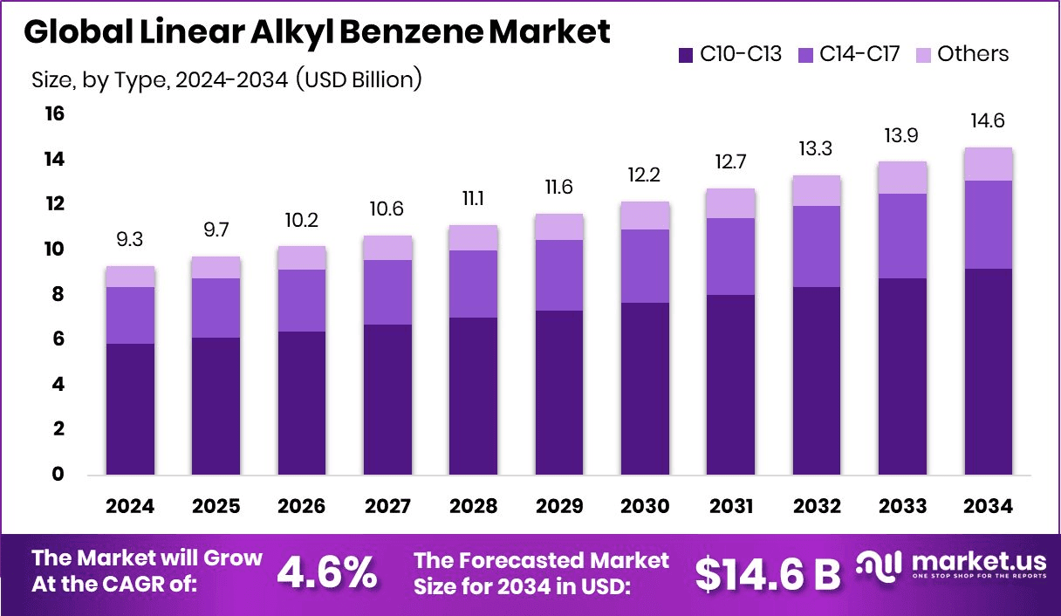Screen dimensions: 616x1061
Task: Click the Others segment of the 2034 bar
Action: coord(988,164)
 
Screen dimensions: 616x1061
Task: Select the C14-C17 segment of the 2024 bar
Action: coord(130,315)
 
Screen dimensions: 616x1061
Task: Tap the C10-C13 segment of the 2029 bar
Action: coord(559,393)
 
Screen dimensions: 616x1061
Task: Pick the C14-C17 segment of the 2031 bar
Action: coord(731,257)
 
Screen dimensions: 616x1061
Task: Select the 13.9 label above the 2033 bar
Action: coord(902,136)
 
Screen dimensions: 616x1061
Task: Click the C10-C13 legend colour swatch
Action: coord(685,54)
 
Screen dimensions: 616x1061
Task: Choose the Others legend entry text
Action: coord(972,54)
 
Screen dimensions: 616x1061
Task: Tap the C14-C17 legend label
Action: coord(859,54)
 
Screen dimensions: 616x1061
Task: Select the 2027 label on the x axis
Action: coord(388,507)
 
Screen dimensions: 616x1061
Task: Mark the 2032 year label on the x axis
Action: coord(817,507)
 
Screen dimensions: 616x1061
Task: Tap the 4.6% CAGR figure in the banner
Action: coord(327,572)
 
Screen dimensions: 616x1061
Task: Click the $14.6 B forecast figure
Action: coord(768,572)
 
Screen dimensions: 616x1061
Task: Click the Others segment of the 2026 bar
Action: coord(302,258)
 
